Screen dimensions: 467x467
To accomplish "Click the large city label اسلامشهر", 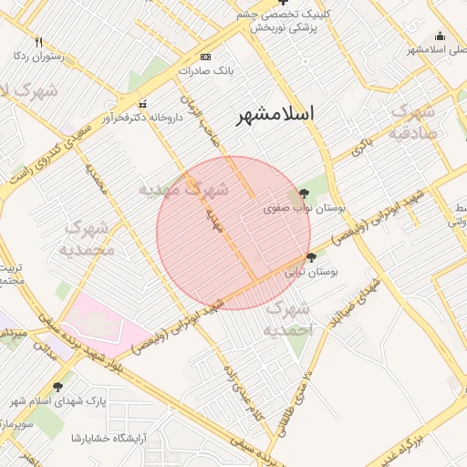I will pyautogui.click(x=275, y=114).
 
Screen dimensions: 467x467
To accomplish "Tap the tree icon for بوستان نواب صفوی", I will pyautogui.click(x=303, y=193).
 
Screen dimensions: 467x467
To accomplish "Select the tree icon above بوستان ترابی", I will pyautogui.click(x=313, y=258).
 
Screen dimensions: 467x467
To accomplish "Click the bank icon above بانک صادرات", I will pyautogui.click(x=205, y=56).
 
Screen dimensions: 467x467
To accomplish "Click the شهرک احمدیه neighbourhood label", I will pyautogui.click(x=289, y=318).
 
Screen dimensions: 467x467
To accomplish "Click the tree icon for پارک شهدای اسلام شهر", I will pyautogui.click(x=58, y=387).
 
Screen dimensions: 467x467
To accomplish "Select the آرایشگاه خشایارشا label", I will pyautogui.click(x=109, y=438).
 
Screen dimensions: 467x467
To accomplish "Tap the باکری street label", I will pyautogui.click(x=364, y=143).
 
